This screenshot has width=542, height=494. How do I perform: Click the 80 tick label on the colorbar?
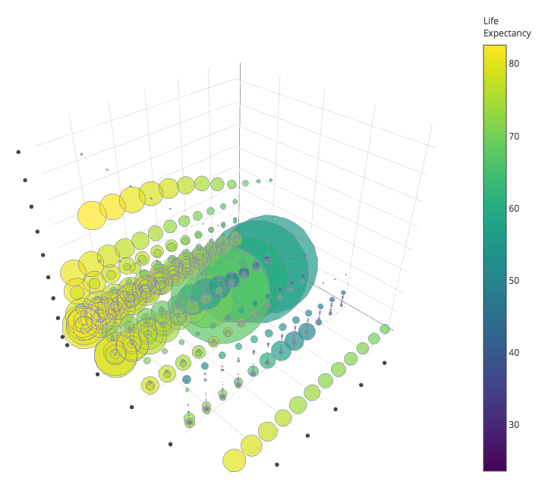[514, 64]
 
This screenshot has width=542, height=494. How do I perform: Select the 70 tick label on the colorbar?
[514, 136]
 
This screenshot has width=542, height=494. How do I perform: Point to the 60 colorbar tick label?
[514, 208]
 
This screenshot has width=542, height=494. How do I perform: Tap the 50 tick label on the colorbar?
[514, 280]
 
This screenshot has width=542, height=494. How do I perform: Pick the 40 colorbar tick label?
[514, 352]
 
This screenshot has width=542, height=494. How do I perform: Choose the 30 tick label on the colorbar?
[514, 424]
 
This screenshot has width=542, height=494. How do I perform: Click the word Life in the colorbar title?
[491, 20]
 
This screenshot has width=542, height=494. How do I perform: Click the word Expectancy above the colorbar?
[507, 33]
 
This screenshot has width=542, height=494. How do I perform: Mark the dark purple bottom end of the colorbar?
[495, 467]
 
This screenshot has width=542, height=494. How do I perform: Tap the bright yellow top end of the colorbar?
[495, 48]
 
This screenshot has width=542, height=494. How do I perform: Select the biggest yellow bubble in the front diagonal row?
[235, 461]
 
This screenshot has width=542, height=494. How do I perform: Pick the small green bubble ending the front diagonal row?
[385, 329]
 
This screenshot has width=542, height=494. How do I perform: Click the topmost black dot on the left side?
[18, 152]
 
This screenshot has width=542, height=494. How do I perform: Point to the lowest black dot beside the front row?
[277, 464]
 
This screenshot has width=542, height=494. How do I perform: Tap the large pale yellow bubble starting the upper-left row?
[92, 216]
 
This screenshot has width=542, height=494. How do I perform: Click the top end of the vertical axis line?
[240, 62]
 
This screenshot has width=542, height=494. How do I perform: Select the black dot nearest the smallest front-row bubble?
[385, 363]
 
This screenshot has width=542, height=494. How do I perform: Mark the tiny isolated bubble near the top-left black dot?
[81, 154]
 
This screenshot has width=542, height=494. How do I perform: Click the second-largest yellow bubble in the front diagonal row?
[251, 445]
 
